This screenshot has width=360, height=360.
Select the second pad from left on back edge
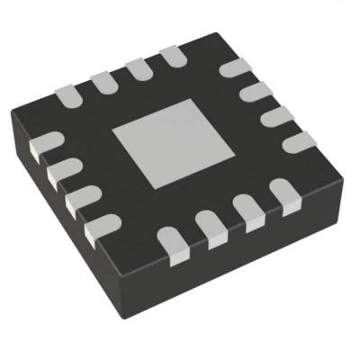(102, 81)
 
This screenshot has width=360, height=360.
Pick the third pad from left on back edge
(136, 69)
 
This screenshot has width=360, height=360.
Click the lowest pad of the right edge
(299, 141)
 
